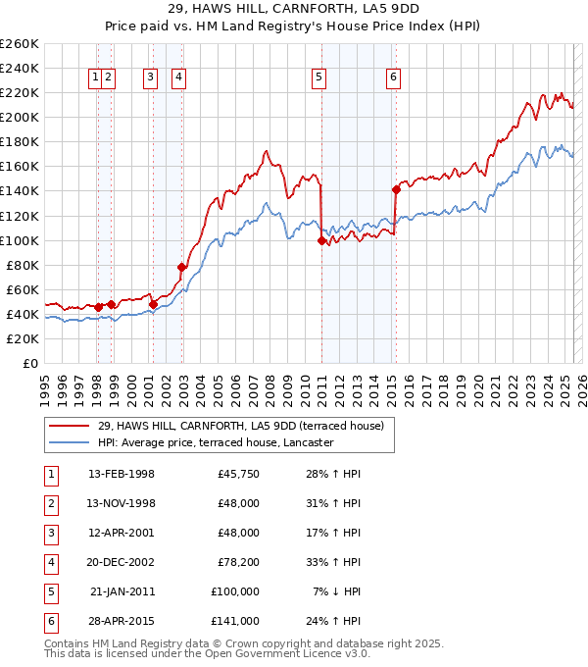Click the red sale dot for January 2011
(321, 240)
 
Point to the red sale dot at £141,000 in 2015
(396, 189)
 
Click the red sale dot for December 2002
(181, 267)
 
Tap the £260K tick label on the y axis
(20, 44)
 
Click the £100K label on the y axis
(20, 240)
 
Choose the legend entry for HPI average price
(216, 442)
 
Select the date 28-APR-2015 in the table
(122, 621)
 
